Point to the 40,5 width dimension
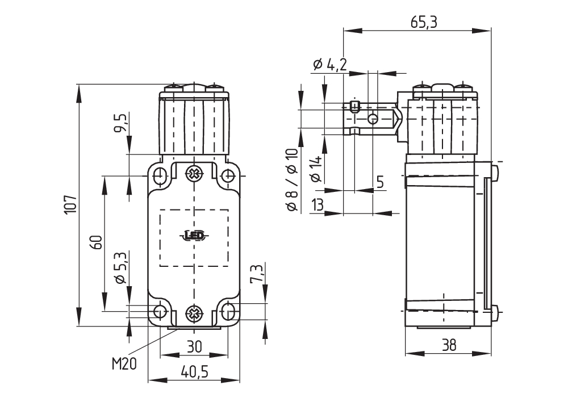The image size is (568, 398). point(194,372)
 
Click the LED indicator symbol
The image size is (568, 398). point(194,235)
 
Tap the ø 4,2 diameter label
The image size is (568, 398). point(329,65)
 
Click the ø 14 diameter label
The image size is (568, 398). point(316,169)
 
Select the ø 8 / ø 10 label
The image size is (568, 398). point(292,180)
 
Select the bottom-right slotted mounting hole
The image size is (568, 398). point(228,311)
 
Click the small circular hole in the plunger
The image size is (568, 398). point(373,118)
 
